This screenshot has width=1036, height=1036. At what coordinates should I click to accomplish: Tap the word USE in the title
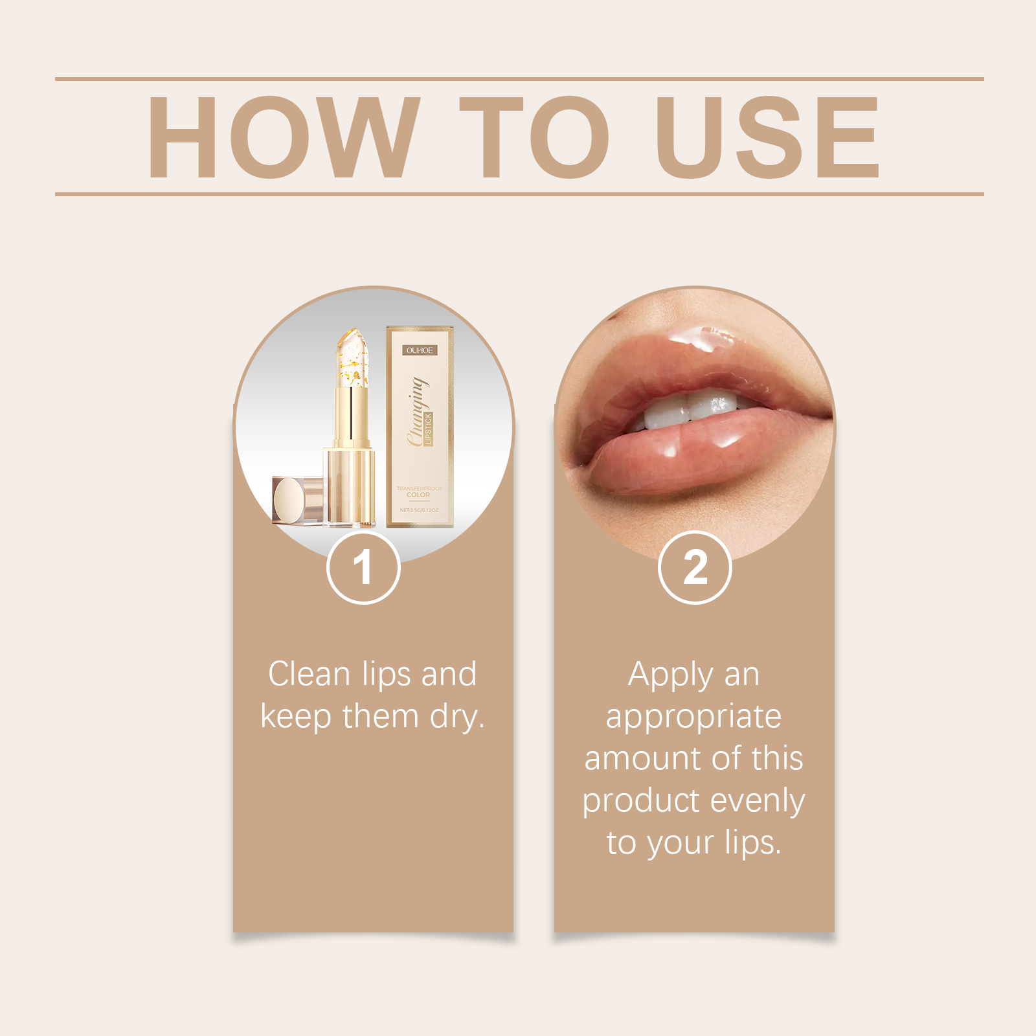[x=767, y=137]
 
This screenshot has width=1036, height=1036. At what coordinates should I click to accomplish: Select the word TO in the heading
[x=534, y=137]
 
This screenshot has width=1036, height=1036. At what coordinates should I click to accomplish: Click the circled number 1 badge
[x=363, y=567]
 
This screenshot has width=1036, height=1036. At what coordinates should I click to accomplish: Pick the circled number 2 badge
[x=695, y=567]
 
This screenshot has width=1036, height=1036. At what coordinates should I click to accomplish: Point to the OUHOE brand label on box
[x=420, y=350]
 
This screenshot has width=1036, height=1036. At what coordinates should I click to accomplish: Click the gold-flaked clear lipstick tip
[x=352, y=359]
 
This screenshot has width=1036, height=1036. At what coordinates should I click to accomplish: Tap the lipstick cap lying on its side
[x=297, y=499]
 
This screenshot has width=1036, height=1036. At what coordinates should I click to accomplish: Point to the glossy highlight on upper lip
[x=703, y=337]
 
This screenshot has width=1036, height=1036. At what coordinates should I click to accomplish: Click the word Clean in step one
[x=310, y=674]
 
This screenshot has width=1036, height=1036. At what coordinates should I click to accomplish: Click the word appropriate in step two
[x=693, y=717]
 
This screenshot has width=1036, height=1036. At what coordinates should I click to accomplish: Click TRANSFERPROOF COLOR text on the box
[x=419, y=491]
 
